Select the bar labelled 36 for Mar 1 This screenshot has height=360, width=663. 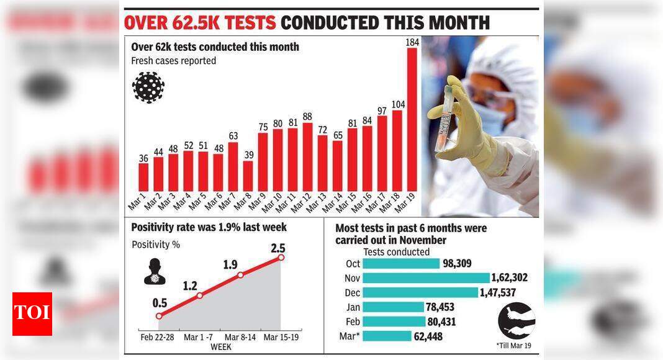point(143,177)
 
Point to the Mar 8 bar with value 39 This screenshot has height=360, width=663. point(248,176)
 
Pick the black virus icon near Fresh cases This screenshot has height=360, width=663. point(148,87)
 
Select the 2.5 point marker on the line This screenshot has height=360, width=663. point(281,257)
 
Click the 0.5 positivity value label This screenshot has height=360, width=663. point(161,303)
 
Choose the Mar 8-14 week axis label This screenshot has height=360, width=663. point(240,337)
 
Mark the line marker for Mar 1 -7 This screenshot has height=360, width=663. point(199,295)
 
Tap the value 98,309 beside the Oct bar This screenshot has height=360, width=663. point(457,264)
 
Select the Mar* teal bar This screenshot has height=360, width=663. point(387,336)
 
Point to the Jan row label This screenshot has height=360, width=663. point(353,307)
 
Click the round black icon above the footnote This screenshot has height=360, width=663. point(516,320)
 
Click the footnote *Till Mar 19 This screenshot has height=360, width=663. point(514,345)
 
